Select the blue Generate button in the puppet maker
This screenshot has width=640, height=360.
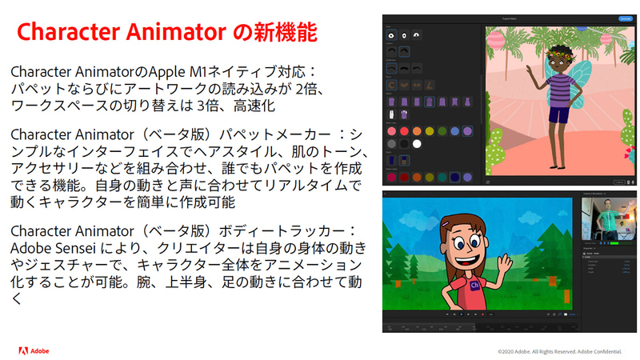point(626,18)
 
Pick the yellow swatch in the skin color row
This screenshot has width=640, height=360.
point(430,131)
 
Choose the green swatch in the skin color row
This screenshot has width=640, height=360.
point(442,131)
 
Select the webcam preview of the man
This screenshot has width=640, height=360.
point(605,220)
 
